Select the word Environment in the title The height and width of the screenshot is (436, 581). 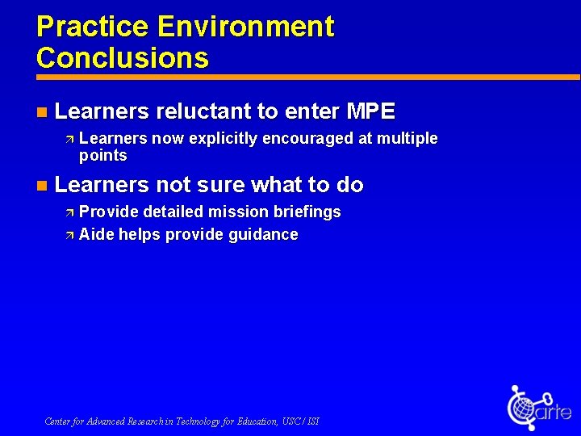tap(246, 27)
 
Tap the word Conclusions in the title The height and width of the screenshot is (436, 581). tap(123, 58)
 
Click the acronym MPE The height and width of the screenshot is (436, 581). tap(370, 111)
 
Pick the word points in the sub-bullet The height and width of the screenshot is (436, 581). tap(103, 156)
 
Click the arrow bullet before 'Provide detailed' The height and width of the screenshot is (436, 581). tap(69, 212)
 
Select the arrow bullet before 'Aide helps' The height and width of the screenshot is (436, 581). tap(69, 235)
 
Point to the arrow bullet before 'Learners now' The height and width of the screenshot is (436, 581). tap(69, 139)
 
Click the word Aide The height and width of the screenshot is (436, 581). tap(96, 235)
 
